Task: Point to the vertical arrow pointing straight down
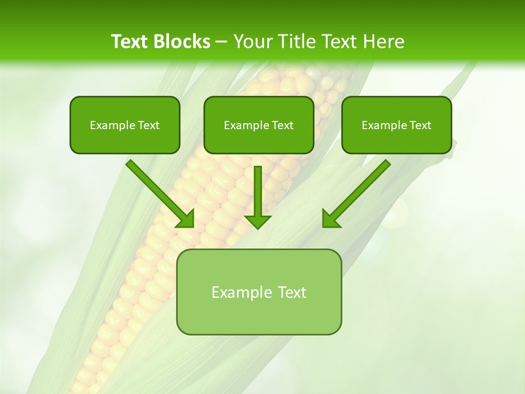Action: tap(258, 194)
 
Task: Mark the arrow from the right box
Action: tap(359, 192)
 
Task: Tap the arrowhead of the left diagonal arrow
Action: tap(186, 218)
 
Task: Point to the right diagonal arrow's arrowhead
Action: tap(330, 218)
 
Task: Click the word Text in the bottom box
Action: tap(292, 292)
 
